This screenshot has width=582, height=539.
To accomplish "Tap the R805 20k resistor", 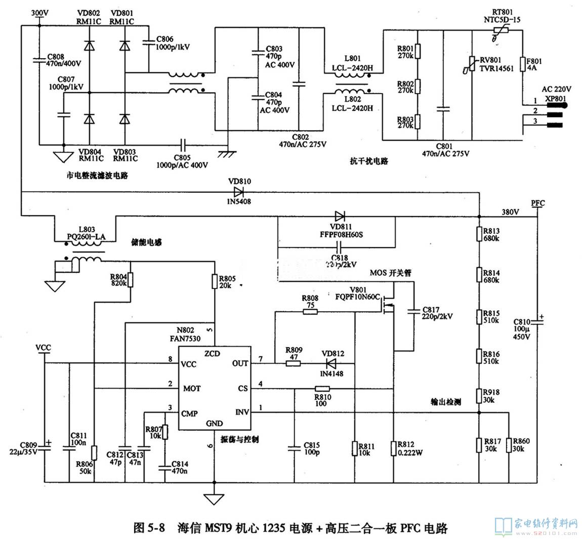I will pos(215,281).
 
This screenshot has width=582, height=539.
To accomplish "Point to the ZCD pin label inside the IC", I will pos(212,353).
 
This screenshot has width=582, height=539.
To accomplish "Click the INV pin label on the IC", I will pos(242,412).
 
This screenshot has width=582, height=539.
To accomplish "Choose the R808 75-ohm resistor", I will pos(310,311).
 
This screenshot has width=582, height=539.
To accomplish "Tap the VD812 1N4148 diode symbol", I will pos(331,363).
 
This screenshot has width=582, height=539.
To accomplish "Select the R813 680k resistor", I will pos(479,234).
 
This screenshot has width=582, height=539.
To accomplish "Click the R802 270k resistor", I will pos(417,86).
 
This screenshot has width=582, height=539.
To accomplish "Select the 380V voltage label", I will pos(509,212).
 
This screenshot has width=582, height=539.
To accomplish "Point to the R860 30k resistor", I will pos(510,445).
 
